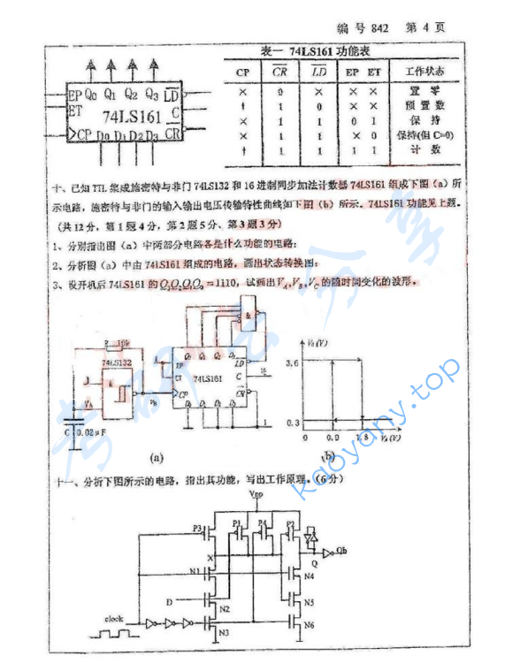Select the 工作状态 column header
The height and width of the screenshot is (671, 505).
pyautogui.click(x=425, y=71)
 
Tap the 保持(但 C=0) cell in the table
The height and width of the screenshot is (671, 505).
pyautogui.click(x=425, y=135)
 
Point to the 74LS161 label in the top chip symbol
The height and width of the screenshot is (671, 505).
pyautogui.click(x=130, y=115)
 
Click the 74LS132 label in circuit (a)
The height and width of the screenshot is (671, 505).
pyautogui.click(x=118, y=362)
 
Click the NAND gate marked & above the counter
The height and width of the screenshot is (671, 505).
pyautogui.click(x=249, y=315)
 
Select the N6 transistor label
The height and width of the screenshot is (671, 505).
pyautogui.click(x=310, y=625)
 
